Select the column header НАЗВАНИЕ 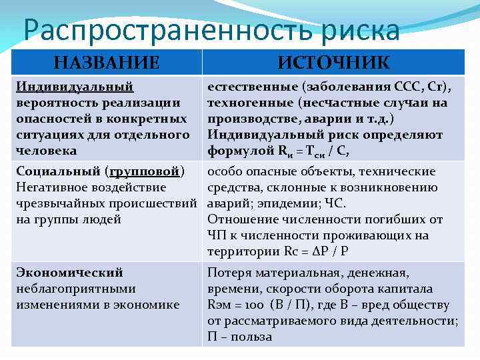(x=107, y=63)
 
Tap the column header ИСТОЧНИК (x=333, y=63)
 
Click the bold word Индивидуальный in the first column (x=75, y=87)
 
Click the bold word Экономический (x=69, y=273)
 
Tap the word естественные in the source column (x=252, y=87)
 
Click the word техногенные (x=250, y=103)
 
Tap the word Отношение (x=242, y=219)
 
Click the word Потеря (x=229, y=273)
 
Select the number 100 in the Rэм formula (x=253, y=305)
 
